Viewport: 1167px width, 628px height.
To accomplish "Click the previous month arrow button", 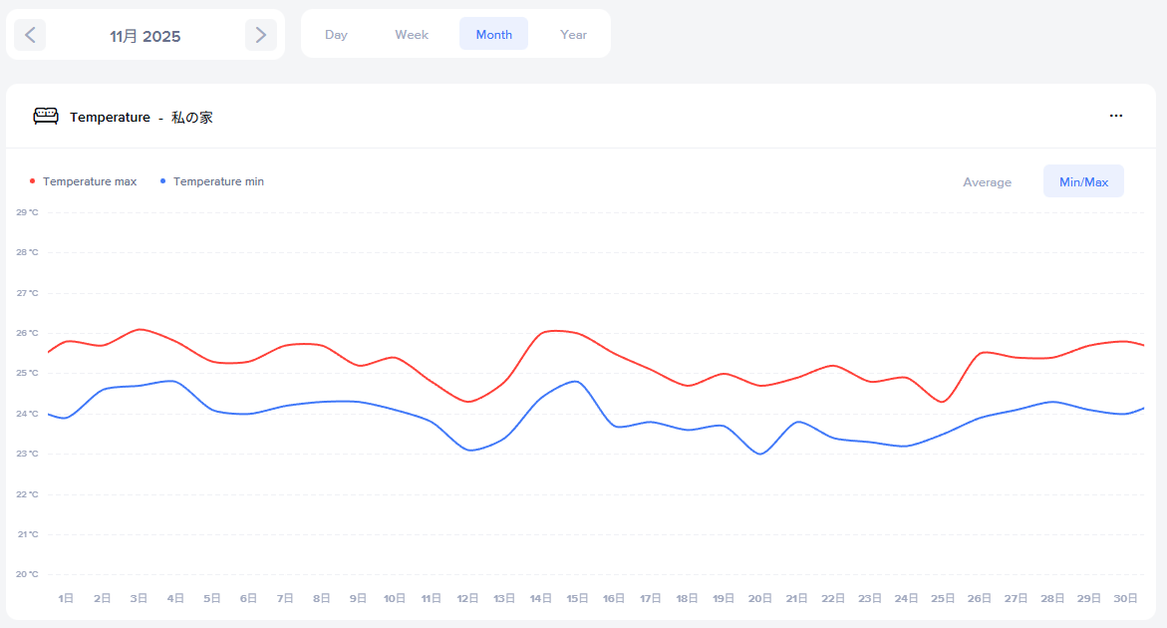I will tap(30, 35).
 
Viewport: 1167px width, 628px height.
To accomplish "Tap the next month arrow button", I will tap(261, 35).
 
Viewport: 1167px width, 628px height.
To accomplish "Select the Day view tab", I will tap(336, 34).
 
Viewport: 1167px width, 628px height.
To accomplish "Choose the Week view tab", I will tap(412, 34).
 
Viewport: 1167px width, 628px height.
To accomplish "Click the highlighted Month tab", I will tap(493, 34).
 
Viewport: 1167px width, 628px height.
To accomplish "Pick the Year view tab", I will tap(573, 34).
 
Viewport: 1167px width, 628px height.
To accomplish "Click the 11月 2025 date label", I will tap(146, 36).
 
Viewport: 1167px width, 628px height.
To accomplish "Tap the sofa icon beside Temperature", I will tap(46, 117).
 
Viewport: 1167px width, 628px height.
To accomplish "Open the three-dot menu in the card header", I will tap(1116, 116).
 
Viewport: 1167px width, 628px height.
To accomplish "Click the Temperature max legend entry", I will tap(89, 181).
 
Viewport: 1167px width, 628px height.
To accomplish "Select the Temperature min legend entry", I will tap(218, 181).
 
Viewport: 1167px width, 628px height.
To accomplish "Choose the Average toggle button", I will tap(987, 182).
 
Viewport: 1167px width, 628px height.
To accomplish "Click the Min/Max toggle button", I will tap(1083, 182).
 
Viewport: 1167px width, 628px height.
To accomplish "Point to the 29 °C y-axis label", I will tap(27, 212).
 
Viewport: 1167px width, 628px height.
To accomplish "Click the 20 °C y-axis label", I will tap(27, 574).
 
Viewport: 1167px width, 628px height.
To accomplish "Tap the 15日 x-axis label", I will tap(577, 598).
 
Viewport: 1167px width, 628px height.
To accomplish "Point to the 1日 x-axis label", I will tap(66, 598).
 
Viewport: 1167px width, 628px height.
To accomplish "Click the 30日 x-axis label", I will tap(1125, 598).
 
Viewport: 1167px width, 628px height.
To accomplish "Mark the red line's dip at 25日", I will tap(943, 402).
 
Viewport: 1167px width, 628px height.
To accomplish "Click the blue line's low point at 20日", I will tap(760, 455).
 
